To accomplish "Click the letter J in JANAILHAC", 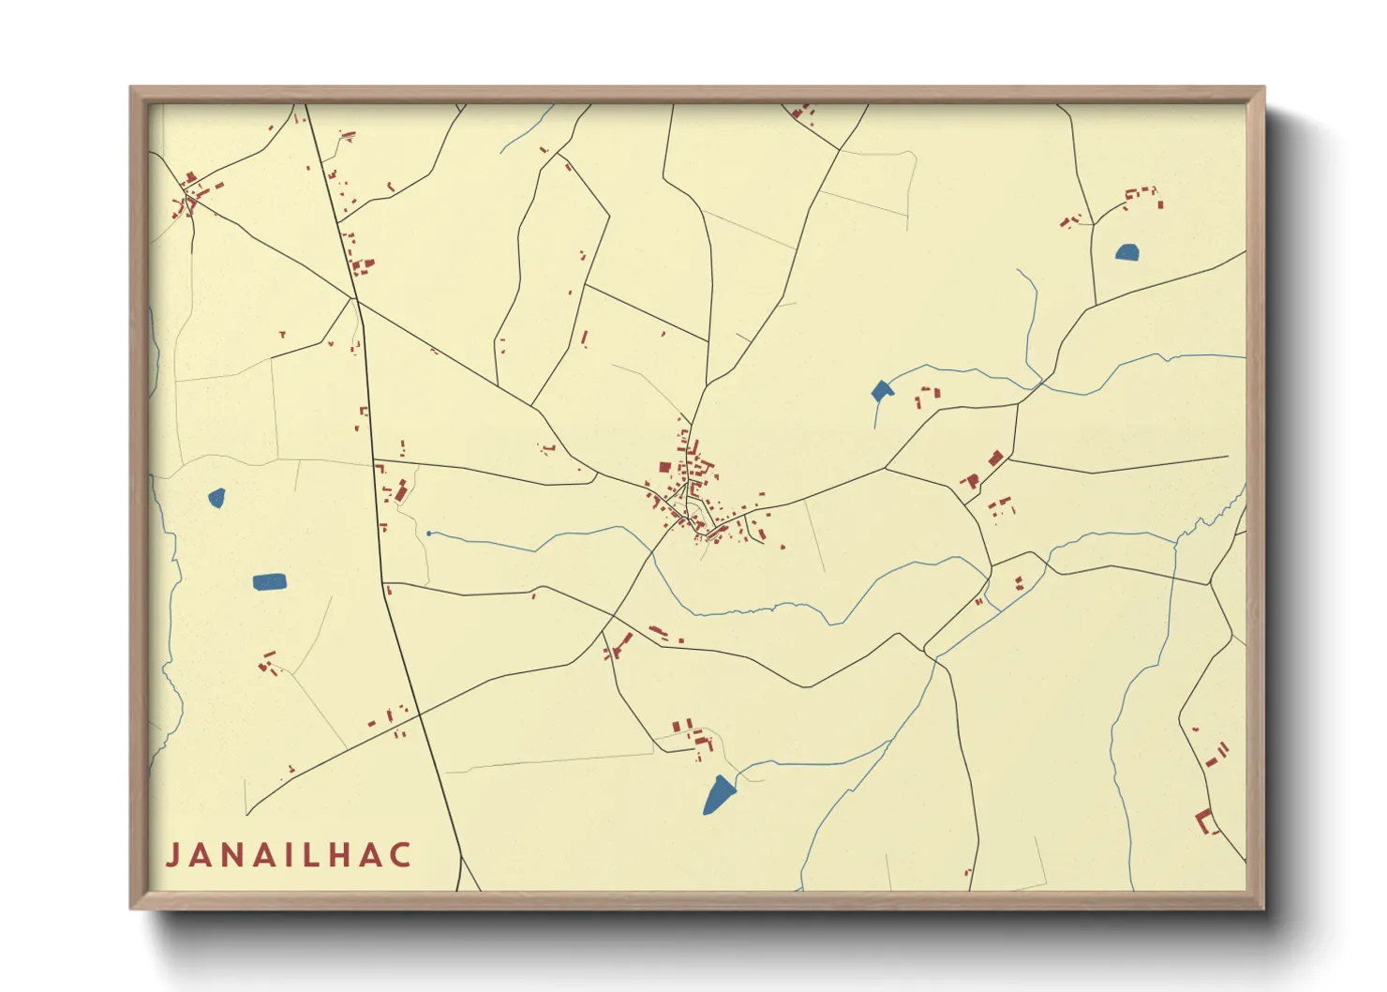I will coord(173,855).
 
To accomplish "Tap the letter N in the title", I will coord(240,855).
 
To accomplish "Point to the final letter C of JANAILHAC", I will coord(401,855).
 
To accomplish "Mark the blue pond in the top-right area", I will coord(1126,251).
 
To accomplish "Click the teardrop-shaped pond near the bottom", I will coord(719,794).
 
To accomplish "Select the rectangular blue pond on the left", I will coord(270,582).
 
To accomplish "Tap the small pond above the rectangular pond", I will coord(216,497).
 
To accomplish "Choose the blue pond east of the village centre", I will coord(881,391).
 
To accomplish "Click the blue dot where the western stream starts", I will coord(428,534).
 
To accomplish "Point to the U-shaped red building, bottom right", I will coord(1206,821).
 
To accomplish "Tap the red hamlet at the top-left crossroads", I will coord(193,193).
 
